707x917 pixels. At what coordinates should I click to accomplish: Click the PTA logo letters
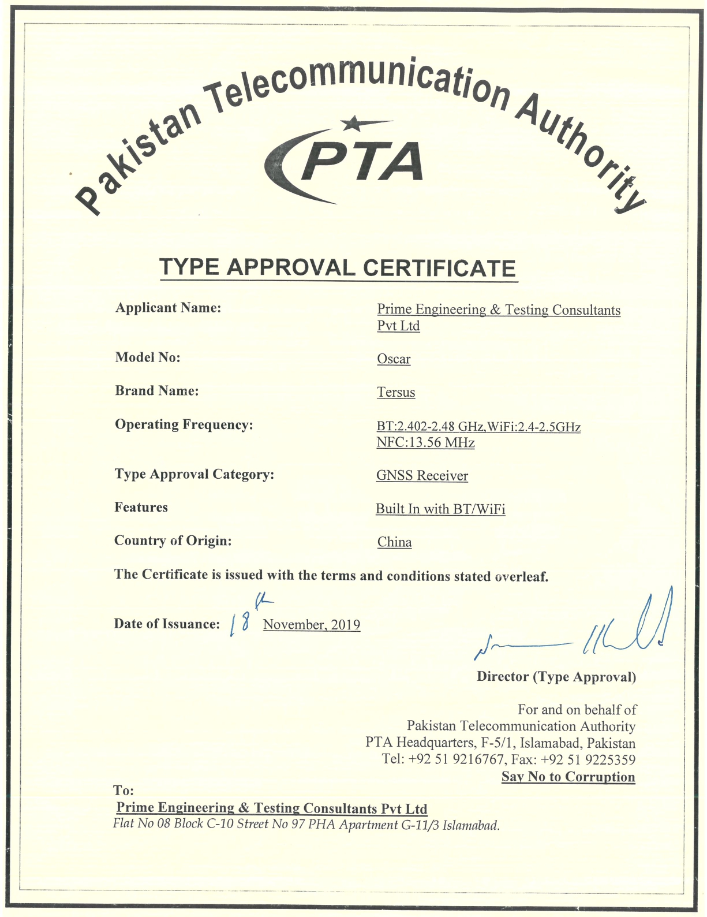click(x=362, y=162)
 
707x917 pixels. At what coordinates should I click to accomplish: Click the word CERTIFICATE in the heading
click(x=439, y=268)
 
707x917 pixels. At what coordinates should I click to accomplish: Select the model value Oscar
click(x=394, y=359)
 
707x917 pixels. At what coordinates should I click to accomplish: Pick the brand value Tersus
click(x=396, y=393)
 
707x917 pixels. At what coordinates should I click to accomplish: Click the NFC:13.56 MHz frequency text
click(x=425, y=443)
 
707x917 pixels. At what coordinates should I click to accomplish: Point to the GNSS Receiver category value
click(x=422, y=476)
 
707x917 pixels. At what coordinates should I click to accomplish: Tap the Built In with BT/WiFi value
click(x=440, y=509)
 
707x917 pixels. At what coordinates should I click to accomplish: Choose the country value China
click(x=394, y=542)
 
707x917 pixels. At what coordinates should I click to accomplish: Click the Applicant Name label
click(x=168, y=308)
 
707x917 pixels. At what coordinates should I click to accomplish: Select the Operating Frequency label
click(x=184, y=425)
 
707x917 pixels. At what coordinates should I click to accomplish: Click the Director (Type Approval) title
click(x=556, y=677)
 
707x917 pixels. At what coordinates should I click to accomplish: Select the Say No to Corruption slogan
click(x=568, y=777)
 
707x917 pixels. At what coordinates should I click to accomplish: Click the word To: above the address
click(x=124, y=791)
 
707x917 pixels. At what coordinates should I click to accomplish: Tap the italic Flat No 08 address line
click(x=306, y=825)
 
